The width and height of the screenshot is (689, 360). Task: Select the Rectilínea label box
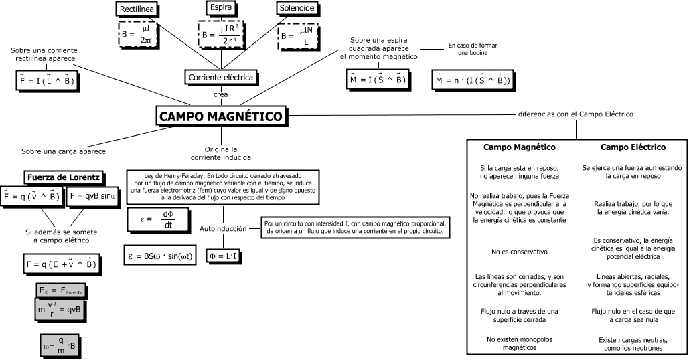pos(137,9)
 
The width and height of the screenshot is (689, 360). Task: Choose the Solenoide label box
pos(297,8)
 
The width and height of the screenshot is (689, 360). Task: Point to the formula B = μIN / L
pos(298,35)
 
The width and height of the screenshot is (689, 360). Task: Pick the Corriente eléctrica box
pos(221,78)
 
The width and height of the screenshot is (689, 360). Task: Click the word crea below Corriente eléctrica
pos(221,94)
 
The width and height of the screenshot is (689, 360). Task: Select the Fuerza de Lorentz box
pos(64,177)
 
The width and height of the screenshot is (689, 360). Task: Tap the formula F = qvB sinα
pos(92,197)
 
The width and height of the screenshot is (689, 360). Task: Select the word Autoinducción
pos(224,229)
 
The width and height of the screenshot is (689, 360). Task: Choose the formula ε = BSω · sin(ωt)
pos(161,256)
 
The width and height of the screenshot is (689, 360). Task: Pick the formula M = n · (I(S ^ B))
pos(473,80)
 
